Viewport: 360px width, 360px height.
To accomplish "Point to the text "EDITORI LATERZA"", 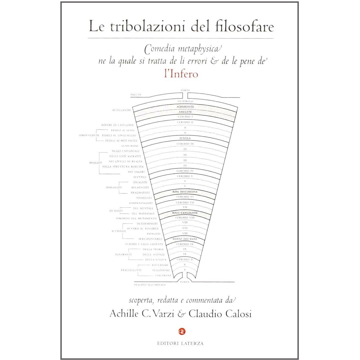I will click(x=180, y=343).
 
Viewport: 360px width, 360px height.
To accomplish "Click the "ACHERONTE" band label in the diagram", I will click(x=185, y=106).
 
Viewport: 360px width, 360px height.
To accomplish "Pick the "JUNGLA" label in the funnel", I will click(x=185, y=138).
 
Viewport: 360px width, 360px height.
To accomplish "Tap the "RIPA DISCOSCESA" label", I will click(x=185, y=192).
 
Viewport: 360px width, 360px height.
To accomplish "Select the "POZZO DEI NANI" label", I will click(x=185, y=239).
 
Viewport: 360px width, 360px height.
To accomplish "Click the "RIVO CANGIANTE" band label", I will click(x=185, y=213).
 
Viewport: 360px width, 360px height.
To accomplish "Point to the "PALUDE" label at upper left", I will click(x=136, y=95).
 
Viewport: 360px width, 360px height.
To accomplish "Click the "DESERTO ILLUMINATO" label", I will click(x=150, y=285).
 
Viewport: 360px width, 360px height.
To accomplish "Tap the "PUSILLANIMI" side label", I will click(x=122, y=110).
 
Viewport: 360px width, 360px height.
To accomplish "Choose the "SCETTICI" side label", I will click(x=140, y=177).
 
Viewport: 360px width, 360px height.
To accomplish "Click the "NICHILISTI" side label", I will click(x=144, y=198).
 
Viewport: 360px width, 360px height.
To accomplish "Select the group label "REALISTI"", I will click(x=96, y=163).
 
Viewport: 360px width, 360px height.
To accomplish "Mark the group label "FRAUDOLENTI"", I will click(x=131, y=270).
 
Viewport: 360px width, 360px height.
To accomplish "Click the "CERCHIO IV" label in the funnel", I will click(x=185, y=171).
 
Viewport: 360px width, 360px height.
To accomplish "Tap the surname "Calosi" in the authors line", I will click(x=238, y=314).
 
